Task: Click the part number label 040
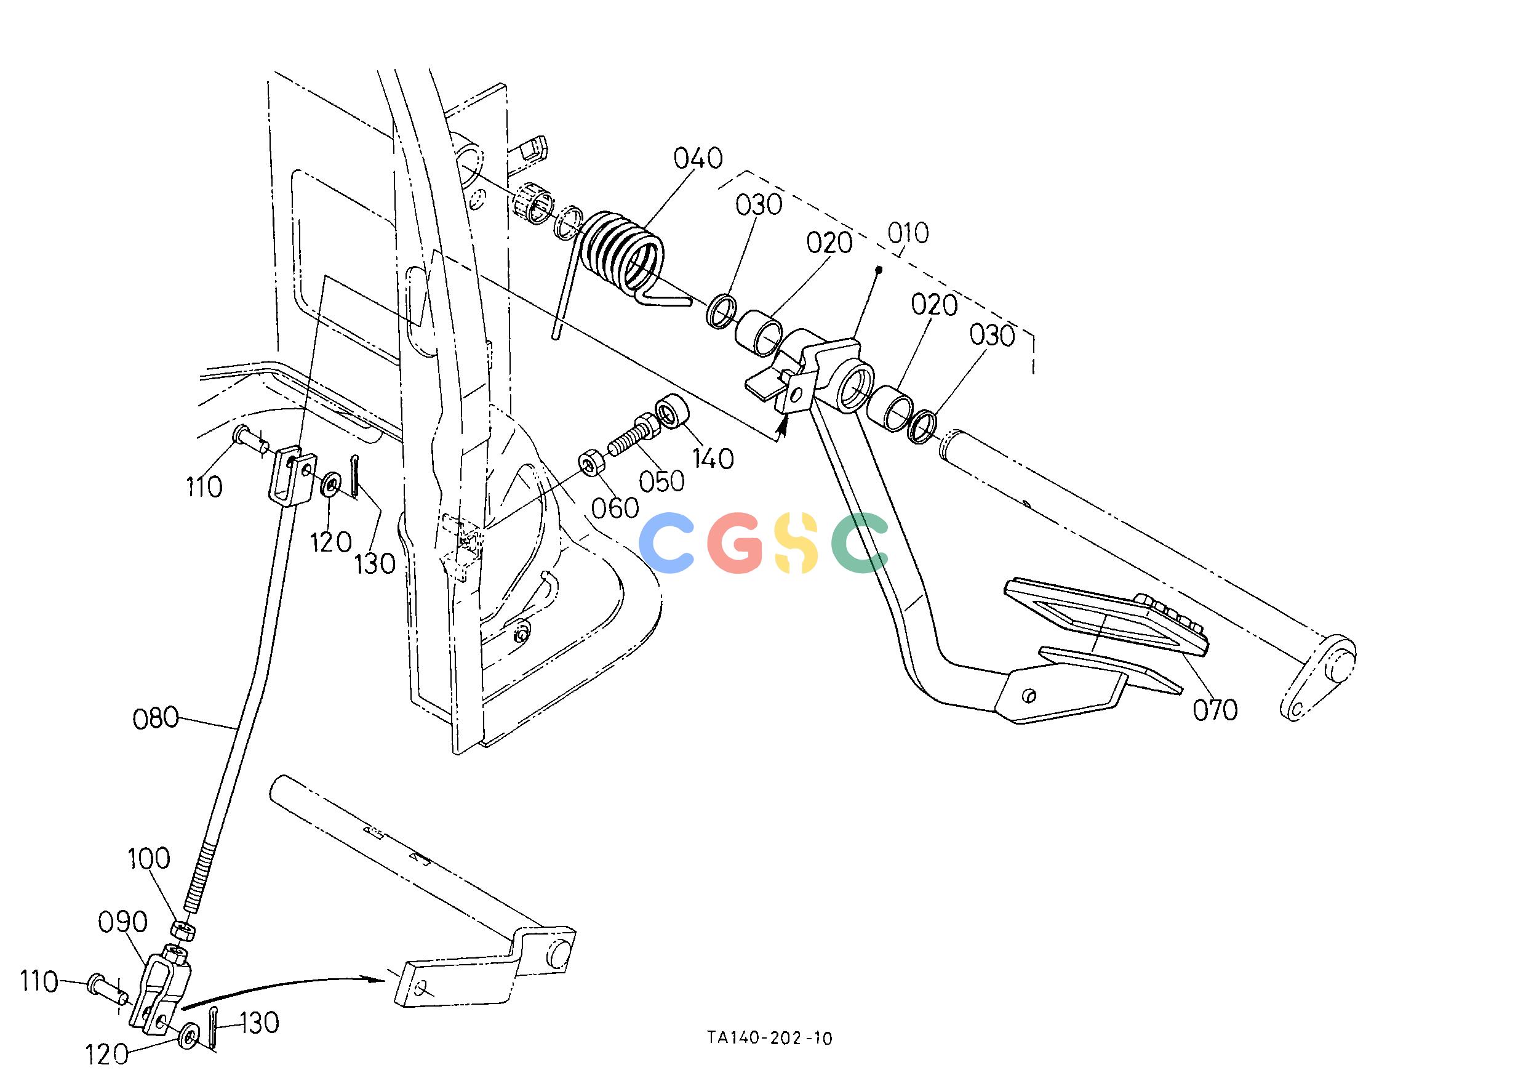698,158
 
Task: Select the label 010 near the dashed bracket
908,233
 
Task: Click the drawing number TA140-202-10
770,1038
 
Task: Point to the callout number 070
1215,709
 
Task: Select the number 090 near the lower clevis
122,922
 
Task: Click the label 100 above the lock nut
149,859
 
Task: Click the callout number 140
713,459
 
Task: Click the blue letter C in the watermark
667,542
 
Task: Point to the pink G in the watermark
736,542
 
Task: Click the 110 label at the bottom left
39,983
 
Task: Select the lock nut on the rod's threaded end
183,930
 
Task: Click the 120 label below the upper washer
330,542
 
